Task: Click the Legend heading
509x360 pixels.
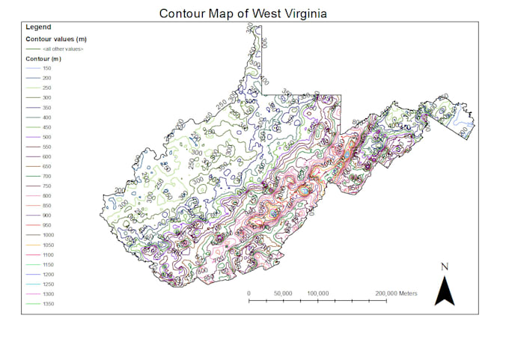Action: pos(38,28)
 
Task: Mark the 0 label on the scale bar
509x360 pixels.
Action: pos(249,293)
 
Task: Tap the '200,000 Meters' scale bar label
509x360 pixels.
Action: pos(396,293)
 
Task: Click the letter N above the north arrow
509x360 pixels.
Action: pos(445,267)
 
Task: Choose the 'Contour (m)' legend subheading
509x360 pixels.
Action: pos(43,58)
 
